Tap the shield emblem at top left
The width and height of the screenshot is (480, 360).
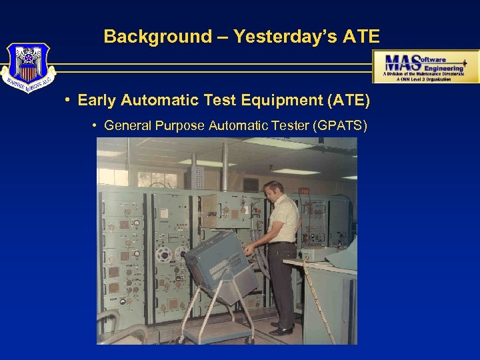point(27,67)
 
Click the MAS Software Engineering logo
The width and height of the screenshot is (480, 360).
point(425,66)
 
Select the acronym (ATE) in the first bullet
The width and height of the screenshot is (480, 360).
point(349,101)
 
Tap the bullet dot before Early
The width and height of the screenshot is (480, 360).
point(69,101)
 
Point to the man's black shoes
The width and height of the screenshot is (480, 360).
point(282,328)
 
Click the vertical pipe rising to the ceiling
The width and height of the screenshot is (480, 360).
point(225,167)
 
